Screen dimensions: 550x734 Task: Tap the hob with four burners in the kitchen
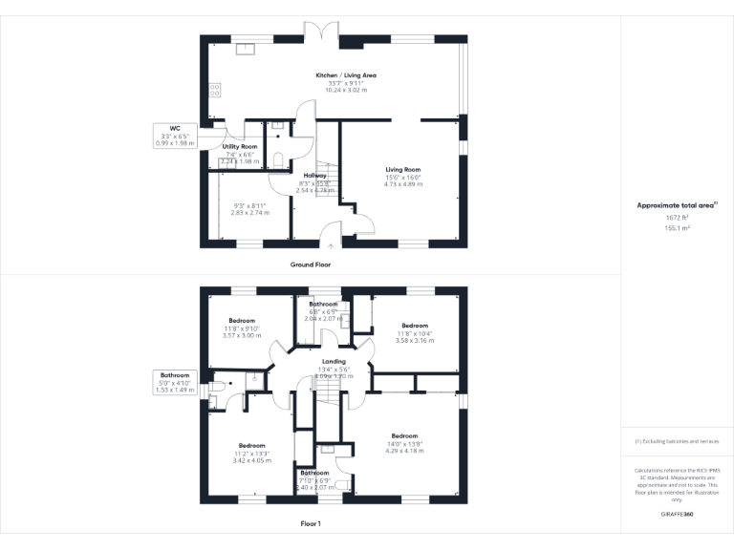click(x=214, y=91)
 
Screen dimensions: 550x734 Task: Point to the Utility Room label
click(x=241, y=146)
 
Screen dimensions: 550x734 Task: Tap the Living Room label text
click(x=402, y=169)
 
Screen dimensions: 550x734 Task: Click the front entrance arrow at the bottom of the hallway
click(x=331, y=245)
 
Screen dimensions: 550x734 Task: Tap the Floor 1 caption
click(x=311, y=524)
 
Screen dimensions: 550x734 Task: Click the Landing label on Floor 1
click(x=334, y=361)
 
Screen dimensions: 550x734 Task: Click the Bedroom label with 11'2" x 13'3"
click(x=251, y=445)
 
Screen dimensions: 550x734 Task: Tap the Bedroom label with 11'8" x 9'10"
click(x=241, y=320)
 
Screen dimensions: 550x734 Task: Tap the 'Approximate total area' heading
click(x=676, y=205)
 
